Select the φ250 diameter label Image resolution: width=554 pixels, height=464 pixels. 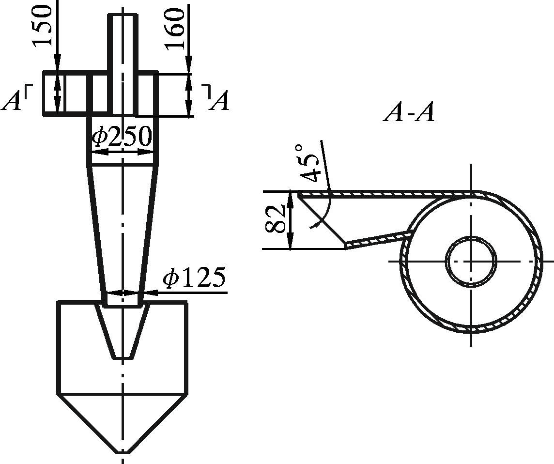click(x=122, y=137)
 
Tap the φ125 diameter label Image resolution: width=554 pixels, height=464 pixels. click(x=194, y=277)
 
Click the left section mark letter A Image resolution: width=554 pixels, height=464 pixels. click(x=11, y=100)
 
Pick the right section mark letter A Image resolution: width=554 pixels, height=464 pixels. click(x=219, y=100)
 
